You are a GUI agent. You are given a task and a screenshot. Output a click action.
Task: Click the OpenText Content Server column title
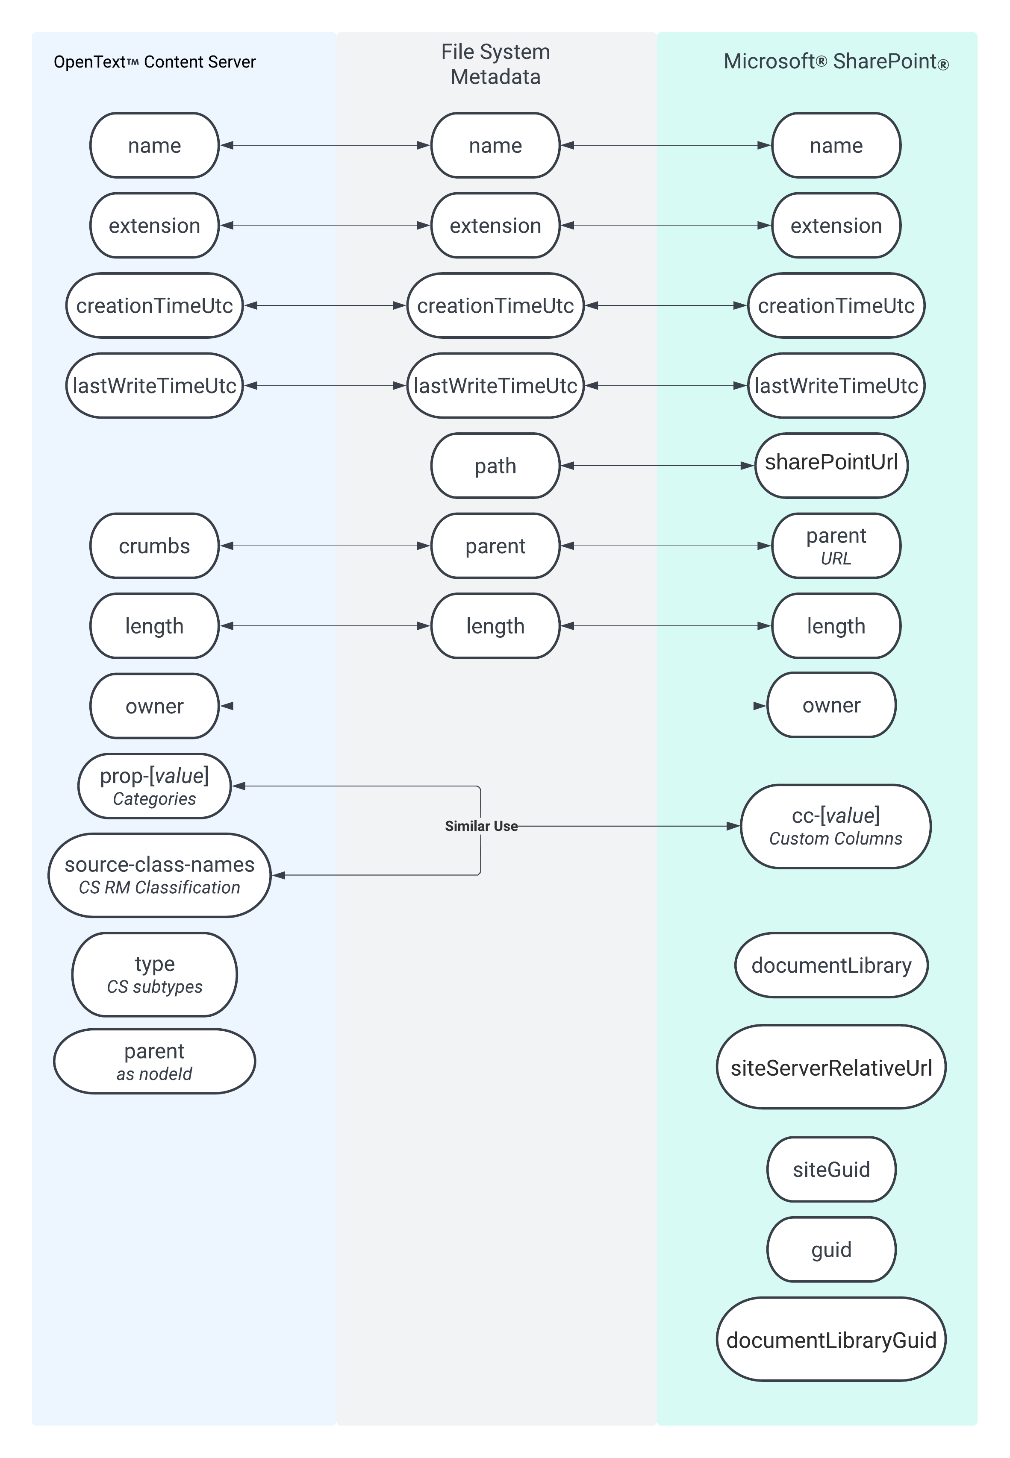pyautogui.click(x=154, y=62)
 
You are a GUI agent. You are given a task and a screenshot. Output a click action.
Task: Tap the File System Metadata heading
pyautogui.click(x=495, y=64)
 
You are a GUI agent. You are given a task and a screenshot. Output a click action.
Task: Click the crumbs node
pyautogui.click(x=154, y=546)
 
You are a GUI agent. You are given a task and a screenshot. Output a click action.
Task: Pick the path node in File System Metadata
pyautogui.click(x=495, y=466)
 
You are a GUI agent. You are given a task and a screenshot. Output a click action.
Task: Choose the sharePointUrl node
pyautogui.click(x=831, y=465)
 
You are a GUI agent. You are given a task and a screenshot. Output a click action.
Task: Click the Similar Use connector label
pyautogui.click(x=481, y=826)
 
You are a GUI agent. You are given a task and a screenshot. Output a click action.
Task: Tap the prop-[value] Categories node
pyautogui.click(x=154, y=786)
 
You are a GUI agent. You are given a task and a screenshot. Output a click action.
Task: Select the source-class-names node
pyautogui.click(x=159, y=875)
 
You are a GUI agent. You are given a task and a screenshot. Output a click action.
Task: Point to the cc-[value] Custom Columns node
pyautogui.click(x=835, y=826)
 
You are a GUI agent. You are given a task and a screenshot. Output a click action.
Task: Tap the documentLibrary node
pyautogui.click(x=831, y=965)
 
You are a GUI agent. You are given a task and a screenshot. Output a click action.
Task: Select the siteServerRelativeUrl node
pyautogui.click(x=831, y=1067)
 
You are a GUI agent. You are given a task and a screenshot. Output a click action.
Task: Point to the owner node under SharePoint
pyautogui.click(x=831, y=705)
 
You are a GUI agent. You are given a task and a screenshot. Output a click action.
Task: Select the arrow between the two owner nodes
pyautogui.click(x=494, y=706)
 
